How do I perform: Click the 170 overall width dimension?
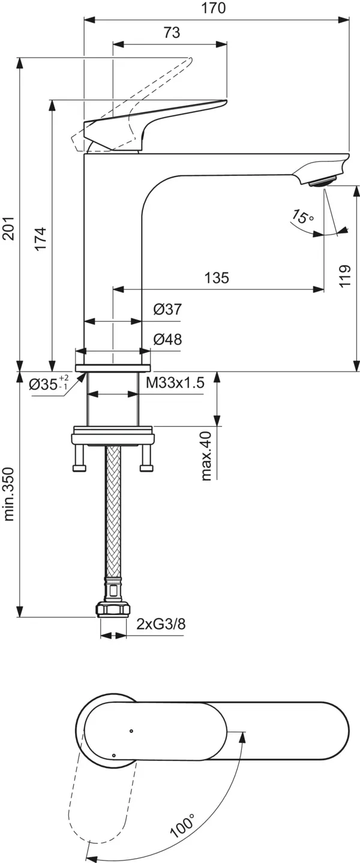pos(214,8)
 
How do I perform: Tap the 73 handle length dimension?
pos(172,32)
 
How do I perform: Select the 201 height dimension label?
pos(8,228)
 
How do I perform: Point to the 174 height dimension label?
pos(41,239)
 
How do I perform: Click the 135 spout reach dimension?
pos(217,277)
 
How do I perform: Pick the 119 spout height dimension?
pos(346,275)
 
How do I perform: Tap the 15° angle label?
pos(303,217)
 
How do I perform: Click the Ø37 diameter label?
pos(167,308)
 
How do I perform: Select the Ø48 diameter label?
pos(167,339)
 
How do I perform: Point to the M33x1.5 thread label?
pos(175,382)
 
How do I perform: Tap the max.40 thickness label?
pos(207,456)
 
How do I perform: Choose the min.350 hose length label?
pos(8,494)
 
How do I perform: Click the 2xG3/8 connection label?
pos(161,624)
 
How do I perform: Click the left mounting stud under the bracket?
pos(80,457)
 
